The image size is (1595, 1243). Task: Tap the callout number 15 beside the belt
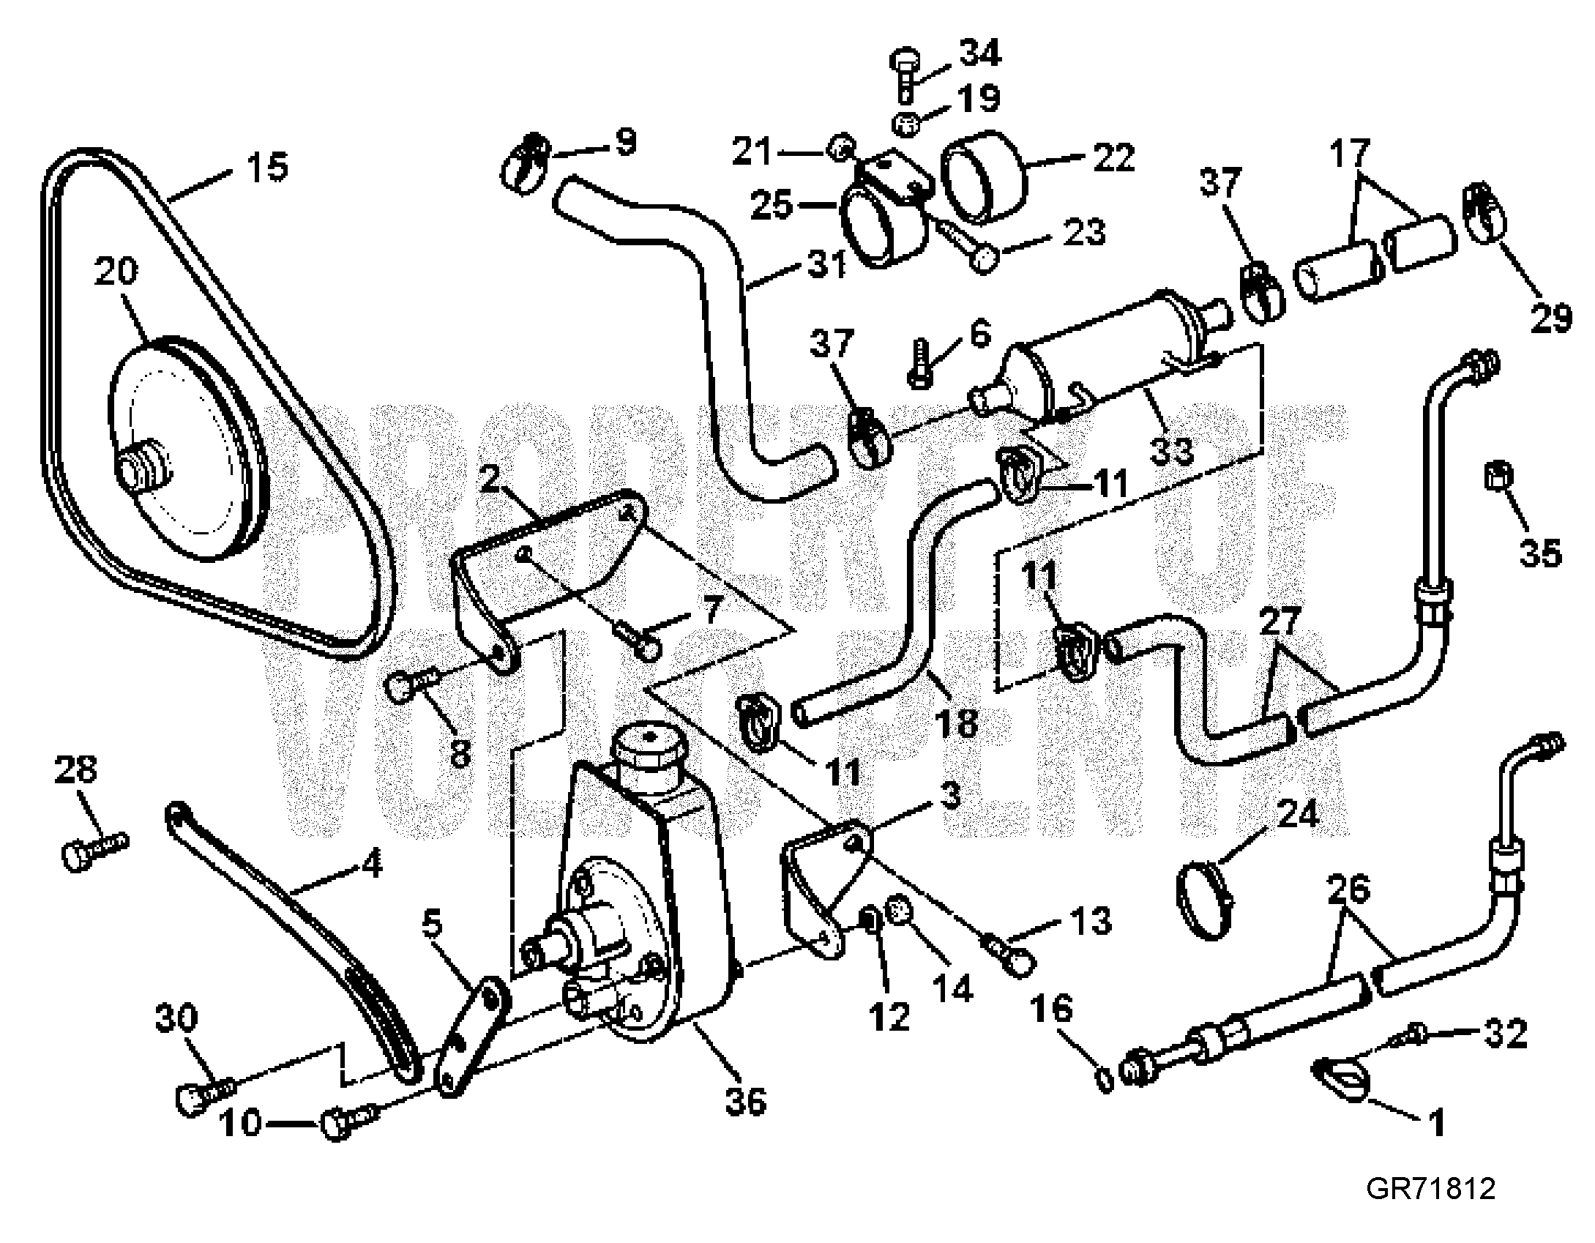pos(266,168)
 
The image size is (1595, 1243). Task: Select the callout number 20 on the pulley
pos(116,272)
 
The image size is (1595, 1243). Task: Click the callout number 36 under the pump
pos(745,1102)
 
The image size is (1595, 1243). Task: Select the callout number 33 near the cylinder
pos(1170,449)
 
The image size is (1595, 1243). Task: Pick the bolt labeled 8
pos(410,683)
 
